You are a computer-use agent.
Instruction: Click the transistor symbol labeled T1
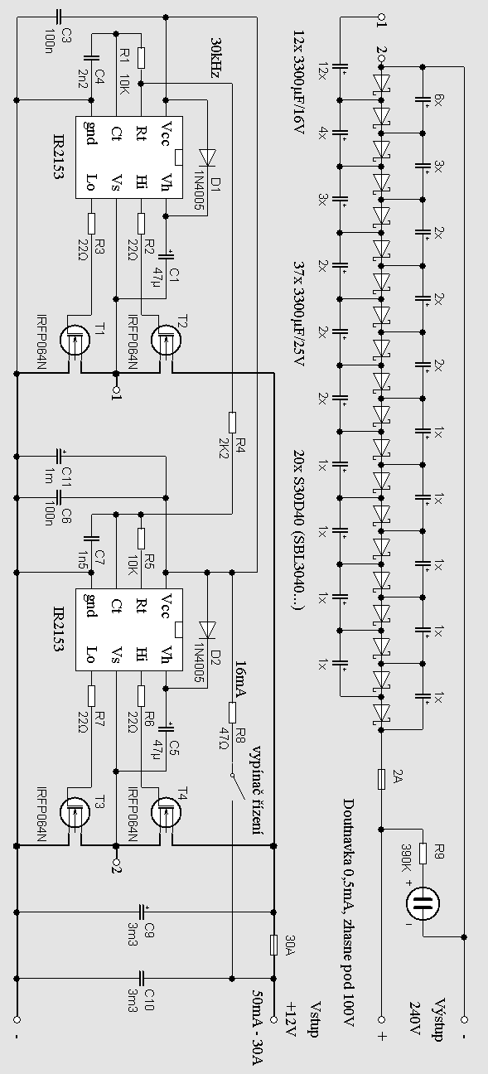point(75,341)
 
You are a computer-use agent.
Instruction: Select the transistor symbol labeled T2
point(166,341)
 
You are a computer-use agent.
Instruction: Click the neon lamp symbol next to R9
point(423,904)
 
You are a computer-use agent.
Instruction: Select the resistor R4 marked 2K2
point(232,422)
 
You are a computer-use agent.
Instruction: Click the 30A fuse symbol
point(274,944)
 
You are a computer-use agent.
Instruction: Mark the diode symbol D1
point(208,157)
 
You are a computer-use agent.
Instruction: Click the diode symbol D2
point(208,630)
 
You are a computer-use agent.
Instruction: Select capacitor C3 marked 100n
point(59,17)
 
